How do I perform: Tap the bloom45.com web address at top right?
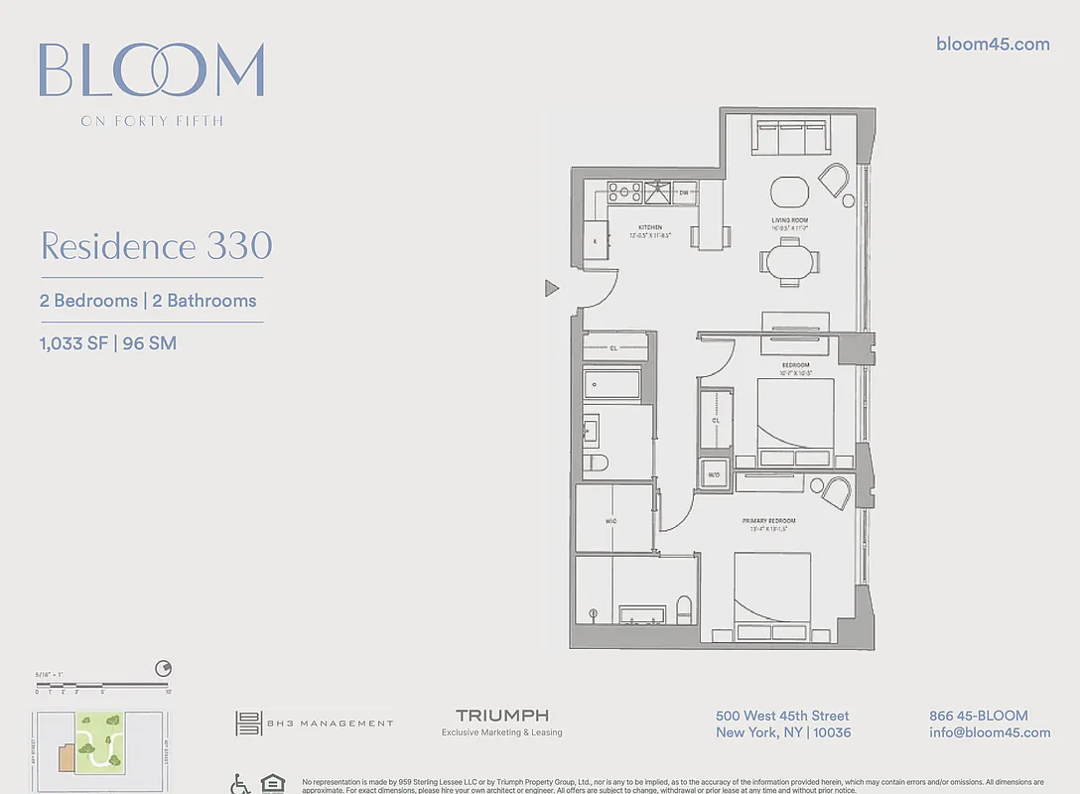click(x=993, y=44)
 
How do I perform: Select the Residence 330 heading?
click(x=156, y=246)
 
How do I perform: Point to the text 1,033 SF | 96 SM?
click(x=108, y=344)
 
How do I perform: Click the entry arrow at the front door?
click(x=552, y=289)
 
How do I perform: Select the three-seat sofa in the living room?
click(x=789, y=137)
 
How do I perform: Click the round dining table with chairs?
click(x=790, y=261)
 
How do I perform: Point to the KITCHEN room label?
click(x=650, y=227)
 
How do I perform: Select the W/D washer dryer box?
click(x=713, y=474)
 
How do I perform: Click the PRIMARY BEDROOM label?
click(x=768, y=521)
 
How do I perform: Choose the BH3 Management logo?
click(x=314, y=724)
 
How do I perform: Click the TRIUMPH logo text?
click(x=501, y=716)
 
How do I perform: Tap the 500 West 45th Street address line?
click(x=782, y=716)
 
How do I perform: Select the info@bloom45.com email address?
click(x=989, y=732)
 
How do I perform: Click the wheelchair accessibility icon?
click(x=240, y=784)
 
